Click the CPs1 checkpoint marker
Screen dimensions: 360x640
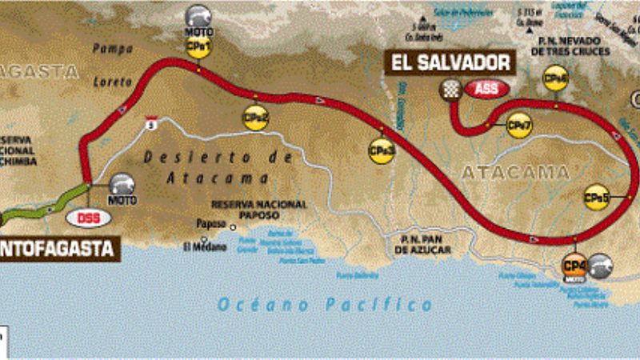198,47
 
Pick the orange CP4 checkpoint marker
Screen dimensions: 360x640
574,263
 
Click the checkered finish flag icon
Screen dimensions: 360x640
451,90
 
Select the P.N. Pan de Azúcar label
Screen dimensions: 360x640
423,246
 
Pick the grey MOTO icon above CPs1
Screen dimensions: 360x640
198,18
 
